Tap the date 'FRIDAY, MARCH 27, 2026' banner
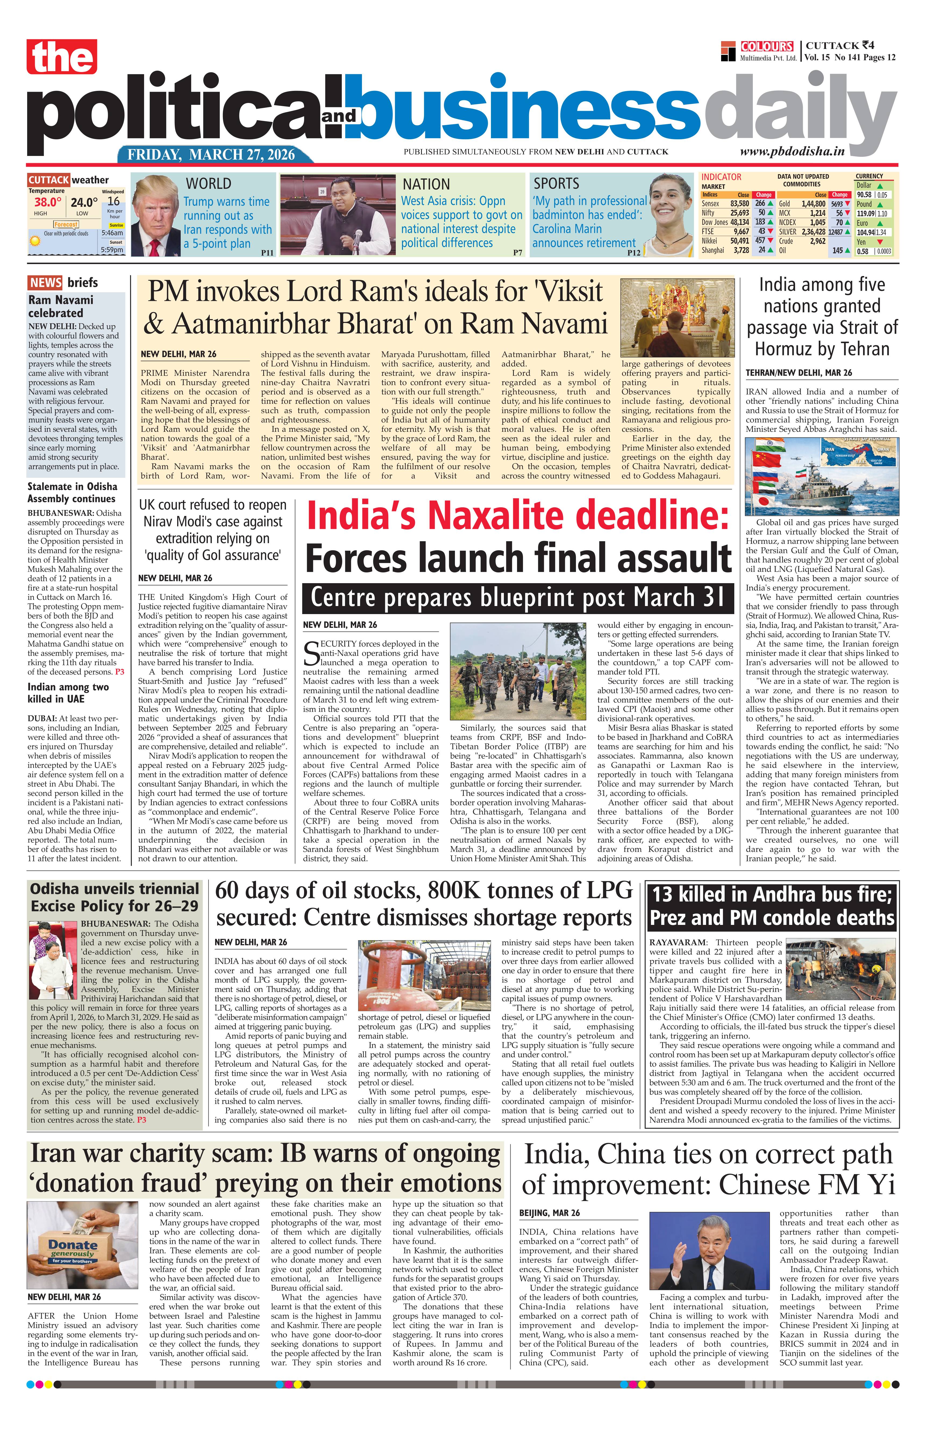(x=211, y=154)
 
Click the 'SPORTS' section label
(x=556, y=184)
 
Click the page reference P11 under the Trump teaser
(x=267, y=253)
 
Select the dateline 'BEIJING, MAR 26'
(x=550, y=1213)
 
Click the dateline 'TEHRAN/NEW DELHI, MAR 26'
(x=799, y=373)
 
